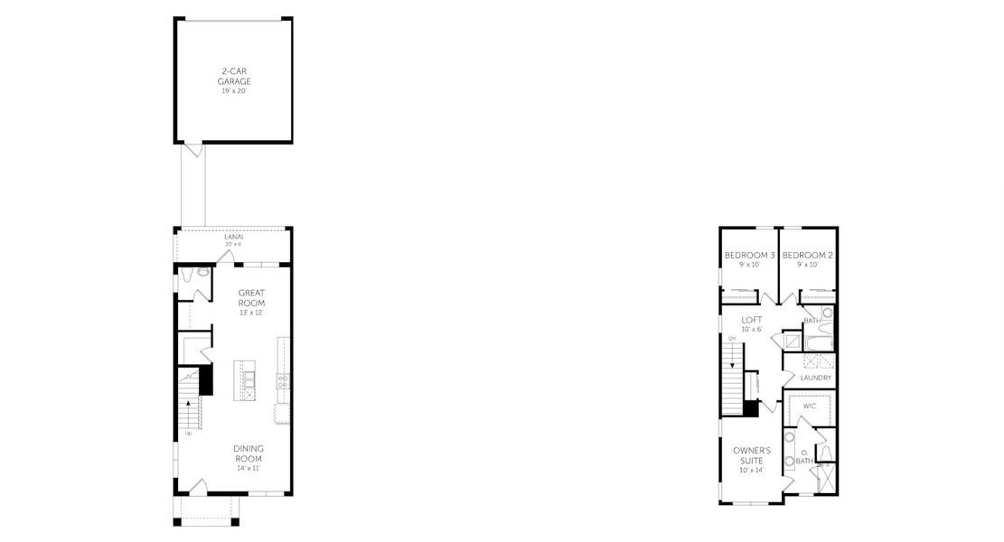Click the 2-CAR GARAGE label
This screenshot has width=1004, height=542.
click(x=233, y=76)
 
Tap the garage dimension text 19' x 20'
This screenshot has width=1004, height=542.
click(x=233, y=92)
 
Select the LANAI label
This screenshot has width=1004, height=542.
click(x=233, y=237)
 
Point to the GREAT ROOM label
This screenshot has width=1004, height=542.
click(x=250, y=298)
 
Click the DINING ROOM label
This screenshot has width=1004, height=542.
click(x=248, y=453)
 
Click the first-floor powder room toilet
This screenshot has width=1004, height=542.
click(x=202, y=272)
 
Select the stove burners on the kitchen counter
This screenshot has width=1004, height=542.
click(x=281, y=382)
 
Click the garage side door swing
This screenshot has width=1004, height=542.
click(x=192, y=150)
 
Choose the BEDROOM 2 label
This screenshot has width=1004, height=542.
click(x=807, y=256)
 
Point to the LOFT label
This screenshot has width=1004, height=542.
click(x=752, y=320)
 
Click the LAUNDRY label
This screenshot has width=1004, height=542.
click(x=815, y=378)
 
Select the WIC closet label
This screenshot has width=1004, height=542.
click(x=810, y=406)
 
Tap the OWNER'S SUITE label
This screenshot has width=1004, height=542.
click(x=752, y=455)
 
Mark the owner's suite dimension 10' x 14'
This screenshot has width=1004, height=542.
click(x=752, y=471)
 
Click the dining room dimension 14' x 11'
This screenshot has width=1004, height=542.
click(x=248, y=468)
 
